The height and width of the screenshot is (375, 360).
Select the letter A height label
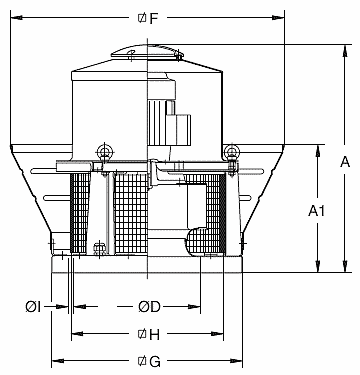pos(345,161)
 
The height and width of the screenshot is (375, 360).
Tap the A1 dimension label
pos(317,211)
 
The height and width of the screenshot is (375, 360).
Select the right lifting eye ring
pos(232,151)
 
